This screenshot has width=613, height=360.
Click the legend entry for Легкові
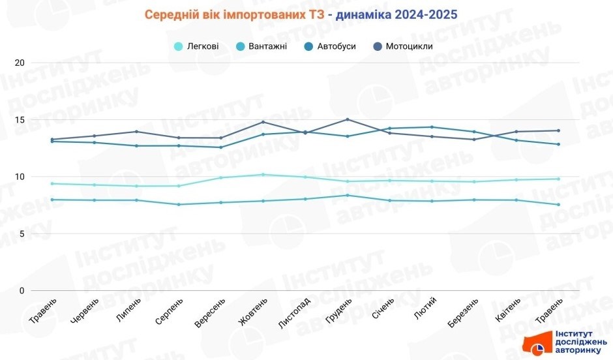point(196,46)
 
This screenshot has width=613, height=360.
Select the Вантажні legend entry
point(262,46)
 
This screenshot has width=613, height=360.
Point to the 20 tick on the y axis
point(19,63)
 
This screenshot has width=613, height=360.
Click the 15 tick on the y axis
point(19,120)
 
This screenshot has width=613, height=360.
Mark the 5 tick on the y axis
point(21,233)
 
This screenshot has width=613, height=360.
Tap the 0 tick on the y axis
point(21,291)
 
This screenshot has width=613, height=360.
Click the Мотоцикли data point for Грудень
point(347,119)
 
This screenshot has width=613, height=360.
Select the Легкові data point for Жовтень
point(263,174)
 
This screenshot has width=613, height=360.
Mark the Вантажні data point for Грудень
point(347,196)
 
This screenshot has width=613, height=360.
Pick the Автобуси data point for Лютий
point(432,127)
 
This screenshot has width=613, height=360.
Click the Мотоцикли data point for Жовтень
point(263,122)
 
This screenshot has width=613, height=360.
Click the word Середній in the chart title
point(173,14)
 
